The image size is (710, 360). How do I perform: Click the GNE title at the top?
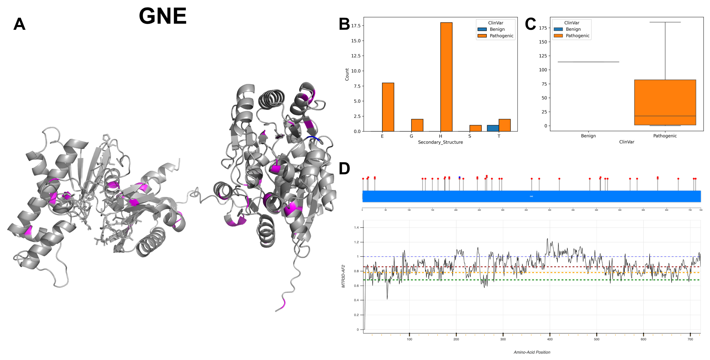pyautogui.click(x=163, y=16)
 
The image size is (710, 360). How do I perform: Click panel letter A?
pyautogui.click(x=19, y=24)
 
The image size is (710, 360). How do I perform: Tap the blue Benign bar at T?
pyautogui.click(x=493, y=128)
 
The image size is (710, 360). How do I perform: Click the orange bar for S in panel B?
pyautogui.click(x=475, y=128)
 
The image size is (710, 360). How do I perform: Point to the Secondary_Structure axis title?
pyautogui.click(x=440, y=142)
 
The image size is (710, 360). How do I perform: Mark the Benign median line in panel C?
pyautogui.click(x=588, y=62)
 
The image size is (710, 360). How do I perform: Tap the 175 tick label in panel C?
pyautogui.click(x=543, y=28)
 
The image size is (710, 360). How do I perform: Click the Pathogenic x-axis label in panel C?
pyautogui.click(x=665, y=136)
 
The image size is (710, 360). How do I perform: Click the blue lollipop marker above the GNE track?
pyautogui.click(x=459, y=177)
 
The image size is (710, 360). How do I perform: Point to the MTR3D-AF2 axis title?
pyautogui.click(x=343, y=276)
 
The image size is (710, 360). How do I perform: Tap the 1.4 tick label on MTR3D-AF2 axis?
pyautogui.click(x=356, y=228)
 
